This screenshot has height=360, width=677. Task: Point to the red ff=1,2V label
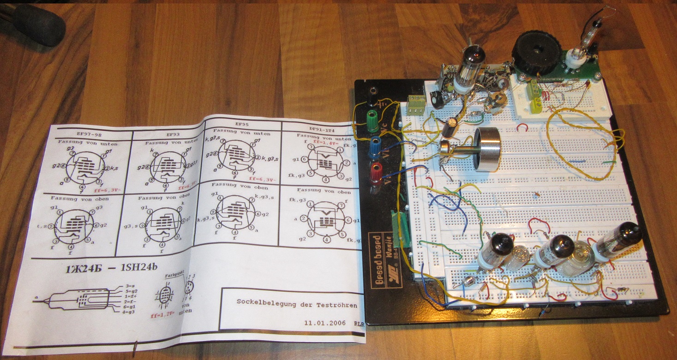point(162,316)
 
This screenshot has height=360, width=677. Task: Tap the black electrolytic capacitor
point(450,126)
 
